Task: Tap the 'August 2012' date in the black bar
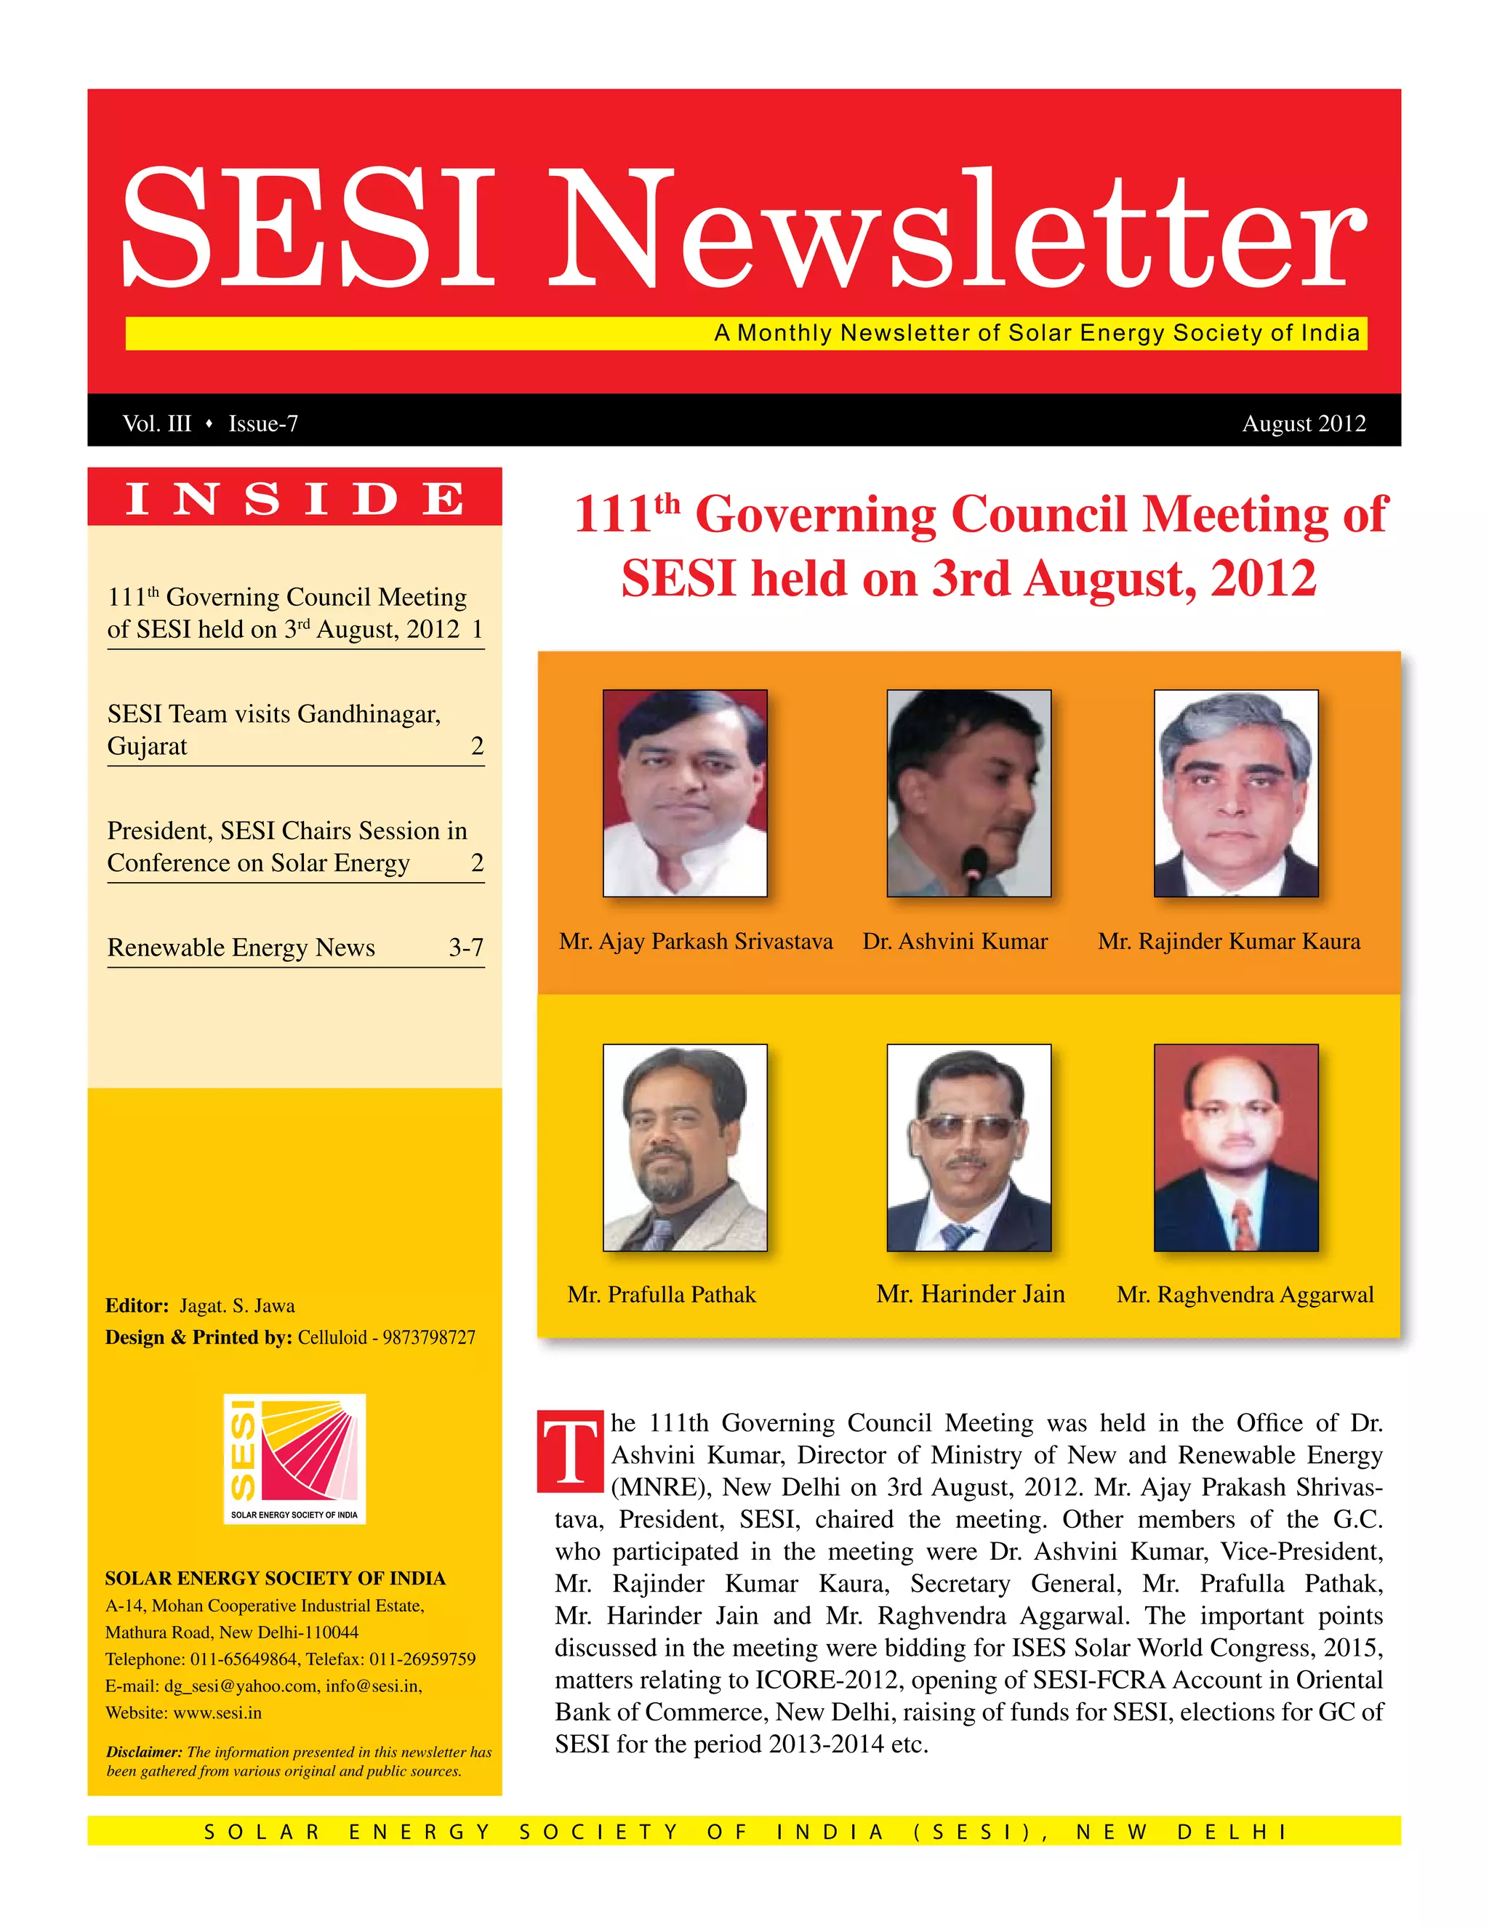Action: tap(1303, 423)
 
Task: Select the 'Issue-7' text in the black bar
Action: tap(263, 423)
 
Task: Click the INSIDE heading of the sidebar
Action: tap(294, 499)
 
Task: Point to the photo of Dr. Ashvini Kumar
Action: tap(968, 793)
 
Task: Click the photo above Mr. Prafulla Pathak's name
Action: tap(684, 1147)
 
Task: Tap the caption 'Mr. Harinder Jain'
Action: tap(971, 1294)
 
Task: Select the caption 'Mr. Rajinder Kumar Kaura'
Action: tap(1229, 942)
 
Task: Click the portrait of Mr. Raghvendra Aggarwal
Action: tap(1236, 1147)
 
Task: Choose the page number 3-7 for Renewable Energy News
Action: tap(466, 947)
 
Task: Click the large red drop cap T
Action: tap(570, 1452)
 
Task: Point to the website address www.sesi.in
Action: tap(218, 1712)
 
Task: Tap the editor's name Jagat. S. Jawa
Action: tap(237, 1306)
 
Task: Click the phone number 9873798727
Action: tap(429, 1337)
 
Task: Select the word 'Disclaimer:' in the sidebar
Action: tap(144, 1752)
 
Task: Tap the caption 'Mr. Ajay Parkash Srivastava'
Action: tap(695, 942)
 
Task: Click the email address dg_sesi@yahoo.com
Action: tap(241, 1686)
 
